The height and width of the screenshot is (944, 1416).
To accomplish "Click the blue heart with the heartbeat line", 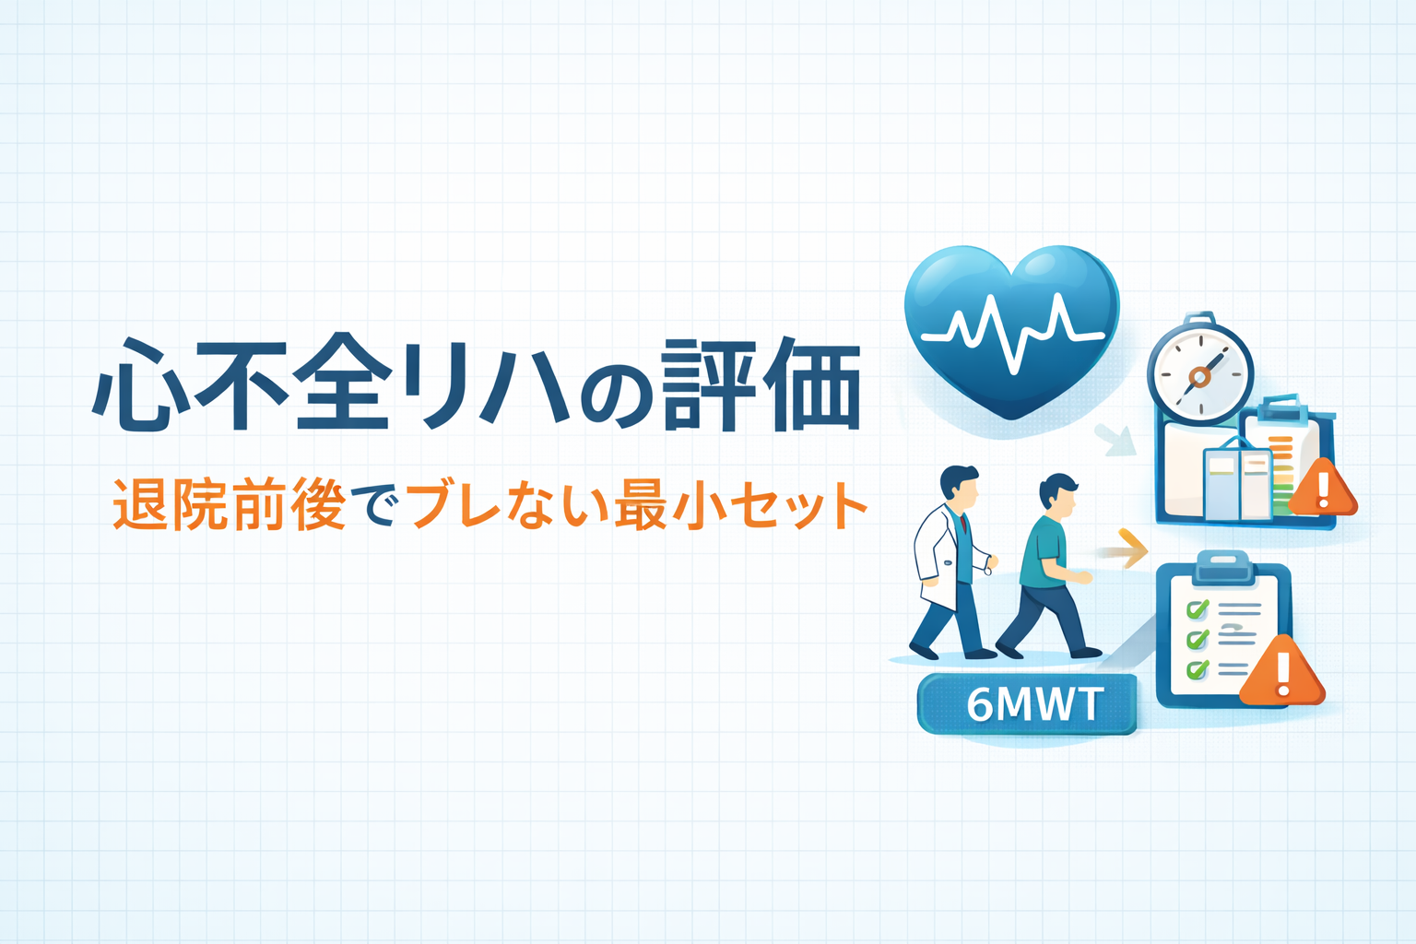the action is [1010, 329].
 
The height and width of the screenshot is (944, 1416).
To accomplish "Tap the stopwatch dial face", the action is [1199, 376].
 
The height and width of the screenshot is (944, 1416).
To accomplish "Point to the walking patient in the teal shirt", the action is [1048, 567].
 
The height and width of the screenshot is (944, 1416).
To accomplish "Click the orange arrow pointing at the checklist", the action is [1127, 549].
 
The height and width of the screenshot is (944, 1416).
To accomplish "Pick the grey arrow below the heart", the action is [1116, 440].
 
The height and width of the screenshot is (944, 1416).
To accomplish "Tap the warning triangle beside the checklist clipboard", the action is [1282, 671].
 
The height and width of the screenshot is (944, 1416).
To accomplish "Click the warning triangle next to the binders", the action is [1323, 488].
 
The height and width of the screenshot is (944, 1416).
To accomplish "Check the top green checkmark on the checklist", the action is [1198, 608].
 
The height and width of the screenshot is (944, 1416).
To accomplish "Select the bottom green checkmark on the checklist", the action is [1198, 668].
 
